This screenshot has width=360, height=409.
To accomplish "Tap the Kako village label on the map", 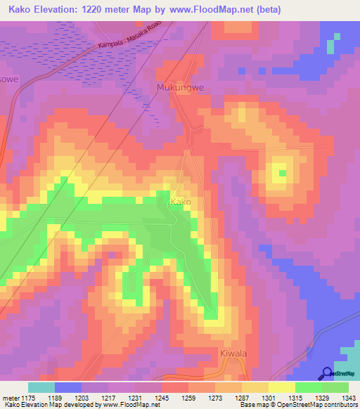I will [x=181, y=202].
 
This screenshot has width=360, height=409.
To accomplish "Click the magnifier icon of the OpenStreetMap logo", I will [x=328, y=373].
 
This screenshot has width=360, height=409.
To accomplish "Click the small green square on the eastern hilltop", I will [x=283, y=173].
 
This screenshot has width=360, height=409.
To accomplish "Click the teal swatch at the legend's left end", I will [x=41, y=387].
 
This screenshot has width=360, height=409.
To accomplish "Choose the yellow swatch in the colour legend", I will [x=281, y=387].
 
